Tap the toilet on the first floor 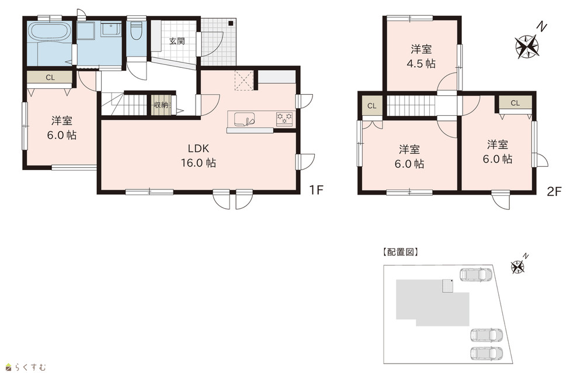136,31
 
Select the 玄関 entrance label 177,41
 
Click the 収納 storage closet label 161,105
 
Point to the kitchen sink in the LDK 244,119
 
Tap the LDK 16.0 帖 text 199,156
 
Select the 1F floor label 316,190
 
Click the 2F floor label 554,191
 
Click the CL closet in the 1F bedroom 50,78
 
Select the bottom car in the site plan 486,353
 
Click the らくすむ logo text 30,367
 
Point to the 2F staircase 411,106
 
